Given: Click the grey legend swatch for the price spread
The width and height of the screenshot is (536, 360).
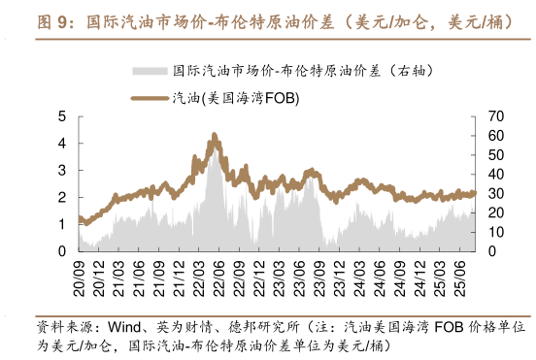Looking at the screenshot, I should click(x=151, y=71).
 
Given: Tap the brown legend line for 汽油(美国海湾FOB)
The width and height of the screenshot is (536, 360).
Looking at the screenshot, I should click(x=151, y=97).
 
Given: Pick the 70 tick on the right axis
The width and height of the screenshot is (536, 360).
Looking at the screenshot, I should click(x=495, y=116).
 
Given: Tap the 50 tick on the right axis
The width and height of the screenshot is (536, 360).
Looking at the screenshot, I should click(x=495, y=155).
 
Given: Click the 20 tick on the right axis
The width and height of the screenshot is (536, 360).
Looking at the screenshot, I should click(x=495, y=213).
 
